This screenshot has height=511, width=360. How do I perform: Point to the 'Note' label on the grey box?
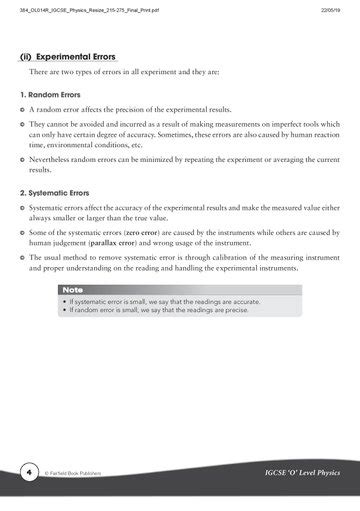(x=72, y=289)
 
